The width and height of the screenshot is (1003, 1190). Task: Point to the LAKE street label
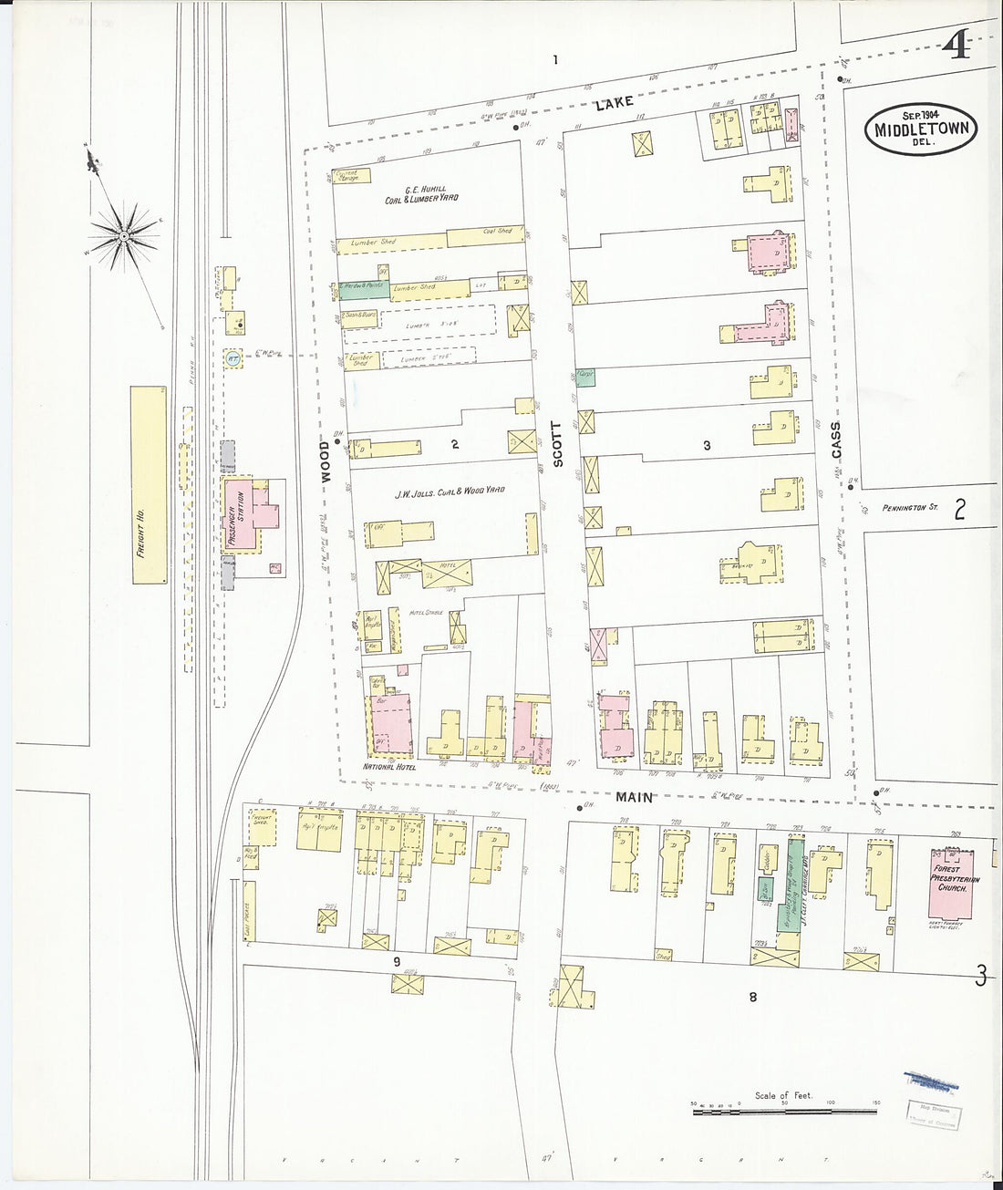tap(614, 106)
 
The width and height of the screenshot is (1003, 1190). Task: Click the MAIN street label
tap(634, 796)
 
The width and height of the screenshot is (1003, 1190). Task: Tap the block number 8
tap(753, 997)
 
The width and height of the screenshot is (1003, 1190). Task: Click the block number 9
tap(397, 961)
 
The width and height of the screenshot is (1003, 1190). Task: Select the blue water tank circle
tap(233, 357)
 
